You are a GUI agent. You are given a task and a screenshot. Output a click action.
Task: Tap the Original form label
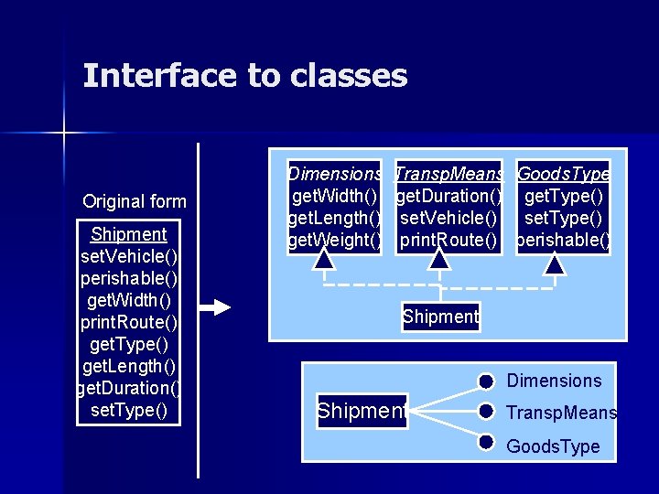point(134,201)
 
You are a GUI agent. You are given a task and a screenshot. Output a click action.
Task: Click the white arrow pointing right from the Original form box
point(217,308)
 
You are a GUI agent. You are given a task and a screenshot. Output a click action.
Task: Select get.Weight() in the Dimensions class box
point(334,241)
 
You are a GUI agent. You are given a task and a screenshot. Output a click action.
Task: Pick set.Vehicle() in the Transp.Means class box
point(448,219)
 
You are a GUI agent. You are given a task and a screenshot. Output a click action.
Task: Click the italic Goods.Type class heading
point(563,174)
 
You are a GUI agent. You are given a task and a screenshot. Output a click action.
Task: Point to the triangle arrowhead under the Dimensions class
point(324,261)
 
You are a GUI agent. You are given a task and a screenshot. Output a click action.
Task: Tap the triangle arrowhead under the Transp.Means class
point(439,261)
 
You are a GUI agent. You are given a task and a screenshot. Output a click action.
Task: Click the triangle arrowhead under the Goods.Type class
point(555,264)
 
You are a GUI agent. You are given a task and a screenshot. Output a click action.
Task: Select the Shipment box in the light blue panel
point(440,317)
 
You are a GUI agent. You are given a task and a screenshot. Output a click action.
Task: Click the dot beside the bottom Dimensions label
point(487,381)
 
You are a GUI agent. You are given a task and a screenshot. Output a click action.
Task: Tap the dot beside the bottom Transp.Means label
point(487,412)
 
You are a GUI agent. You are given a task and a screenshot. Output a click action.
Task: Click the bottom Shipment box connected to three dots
point(361,412)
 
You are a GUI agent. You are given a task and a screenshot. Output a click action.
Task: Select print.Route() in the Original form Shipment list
point(129,322)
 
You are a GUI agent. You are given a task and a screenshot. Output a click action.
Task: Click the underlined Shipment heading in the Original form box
point(129,234)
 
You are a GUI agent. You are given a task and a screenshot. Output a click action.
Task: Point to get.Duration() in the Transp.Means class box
point(448,196)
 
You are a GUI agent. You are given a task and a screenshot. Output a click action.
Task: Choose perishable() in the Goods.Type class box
point(563,241)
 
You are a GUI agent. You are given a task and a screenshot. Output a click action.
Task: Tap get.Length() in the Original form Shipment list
point(129,366)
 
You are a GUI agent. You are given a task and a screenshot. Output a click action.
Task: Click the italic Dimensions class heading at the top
point(334,174)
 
